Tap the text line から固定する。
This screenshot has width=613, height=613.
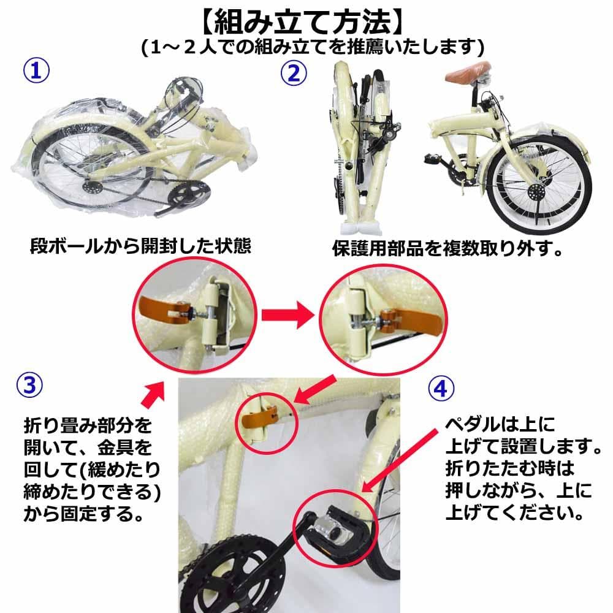pyautogui.click(x=80, y=513)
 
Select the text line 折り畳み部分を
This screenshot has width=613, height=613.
pyautogui.click(x=86, y=425)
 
